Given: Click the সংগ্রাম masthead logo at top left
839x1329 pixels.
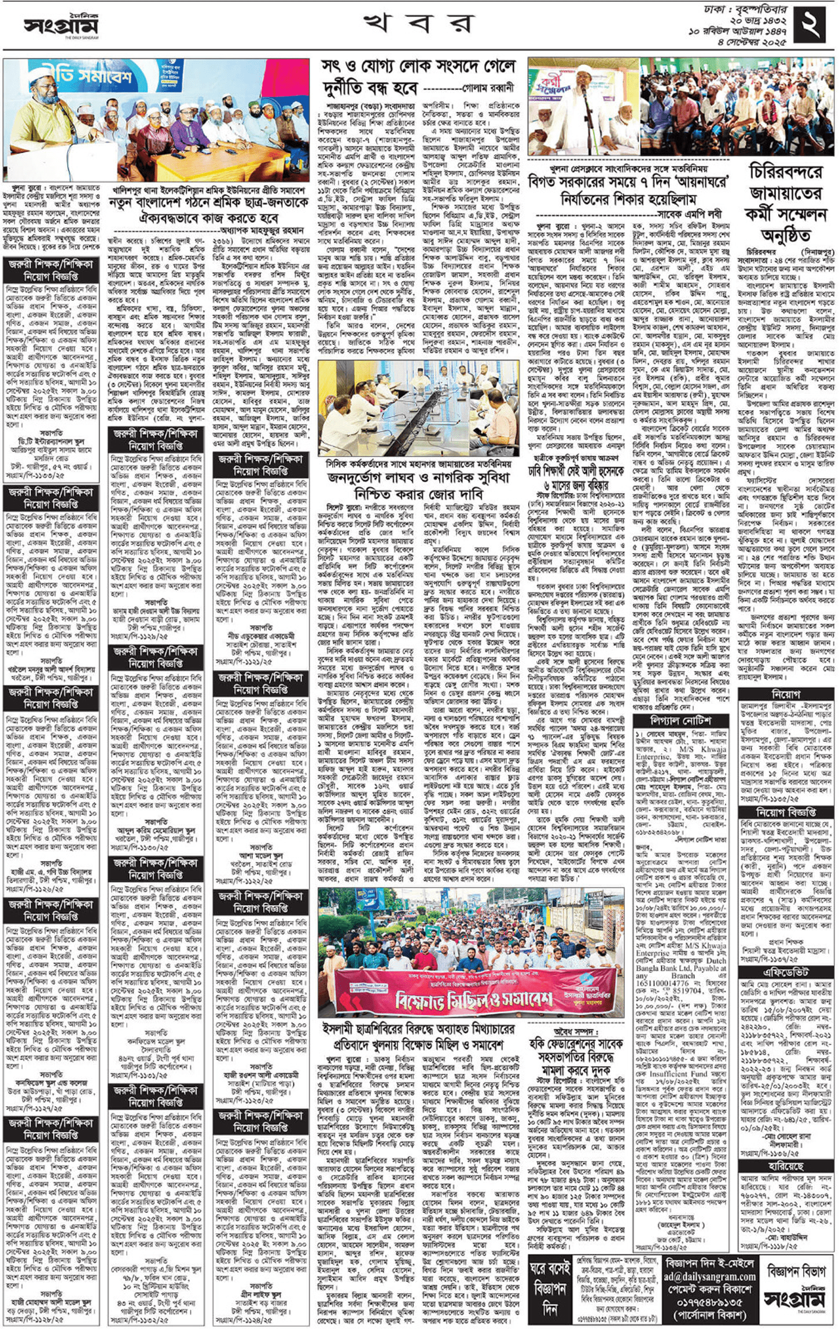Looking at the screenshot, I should click(61, 25).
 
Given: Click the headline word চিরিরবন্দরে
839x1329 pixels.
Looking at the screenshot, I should click(785, 172).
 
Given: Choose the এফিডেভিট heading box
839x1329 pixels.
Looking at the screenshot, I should click(785, 973).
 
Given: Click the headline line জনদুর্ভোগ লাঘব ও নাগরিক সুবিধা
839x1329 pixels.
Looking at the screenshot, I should click(418, 478).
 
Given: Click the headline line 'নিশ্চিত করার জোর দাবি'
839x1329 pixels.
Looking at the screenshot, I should click(418, 494).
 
